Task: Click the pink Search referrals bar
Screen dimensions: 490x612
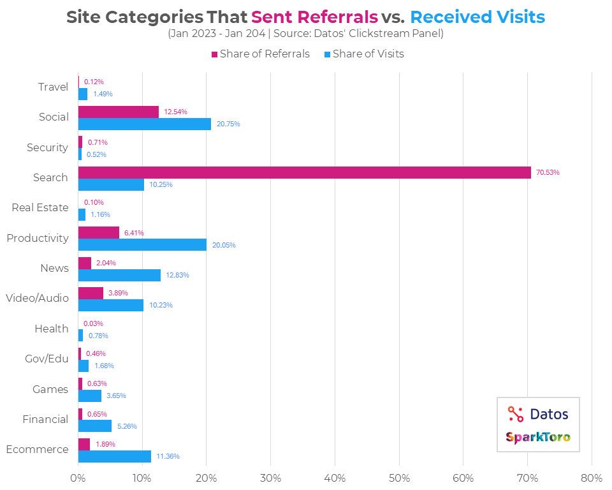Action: (304, 172)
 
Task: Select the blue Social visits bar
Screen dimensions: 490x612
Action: (144, 124)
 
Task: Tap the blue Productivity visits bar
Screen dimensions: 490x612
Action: (142, 245)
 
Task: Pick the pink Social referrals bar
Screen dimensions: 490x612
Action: (118, 112)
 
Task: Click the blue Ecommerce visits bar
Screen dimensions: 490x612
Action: (114, 456)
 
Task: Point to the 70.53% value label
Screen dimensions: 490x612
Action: (548, 172)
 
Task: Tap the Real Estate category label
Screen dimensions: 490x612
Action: (40, 208)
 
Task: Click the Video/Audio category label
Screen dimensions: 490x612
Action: (36, 298)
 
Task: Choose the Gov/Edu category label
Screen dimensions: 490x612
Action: (47, 359)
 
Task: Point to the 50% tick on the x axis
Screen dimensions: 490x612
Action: (399, 477)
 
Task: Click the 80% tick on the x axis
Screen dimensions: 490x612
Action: (592, 477)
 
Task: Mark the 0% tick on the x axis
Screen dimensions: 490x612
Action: (78, 477)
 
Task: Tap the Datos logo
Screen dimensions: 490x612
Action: (538, 414)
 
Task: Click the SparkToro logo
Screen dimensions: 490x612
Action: (538, 437)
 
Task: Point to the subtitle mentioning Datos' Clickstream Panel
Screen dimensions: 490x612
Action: (305, 34)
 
